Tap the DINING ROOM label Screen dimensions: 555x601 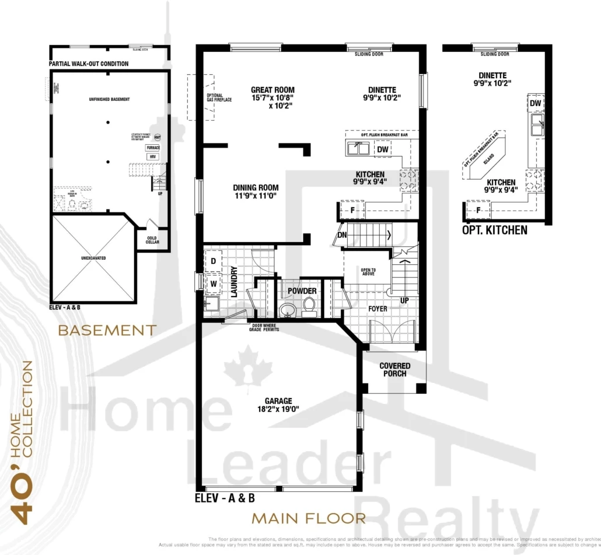point(256,188)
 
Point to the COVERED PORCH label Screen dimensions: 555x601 point(395,369)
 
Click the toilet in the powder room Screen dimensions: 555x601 point(309,305)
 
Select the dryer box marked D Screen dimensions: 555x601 point(214,261)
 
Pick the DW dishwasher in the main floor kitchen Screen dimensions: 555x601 point(382,149)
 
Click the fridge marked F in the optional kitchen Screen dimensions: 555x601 point(478,210)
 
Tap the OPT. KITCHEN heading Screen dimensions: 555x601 point(494,230)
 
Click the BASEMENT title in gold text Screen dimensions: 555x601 point(107,330)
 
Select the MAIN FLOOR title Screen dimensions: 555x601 point(309,518)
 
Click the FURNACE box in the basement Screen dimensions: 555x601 point(153,148)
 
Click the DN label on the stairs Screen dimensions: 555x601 point(342,235)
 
